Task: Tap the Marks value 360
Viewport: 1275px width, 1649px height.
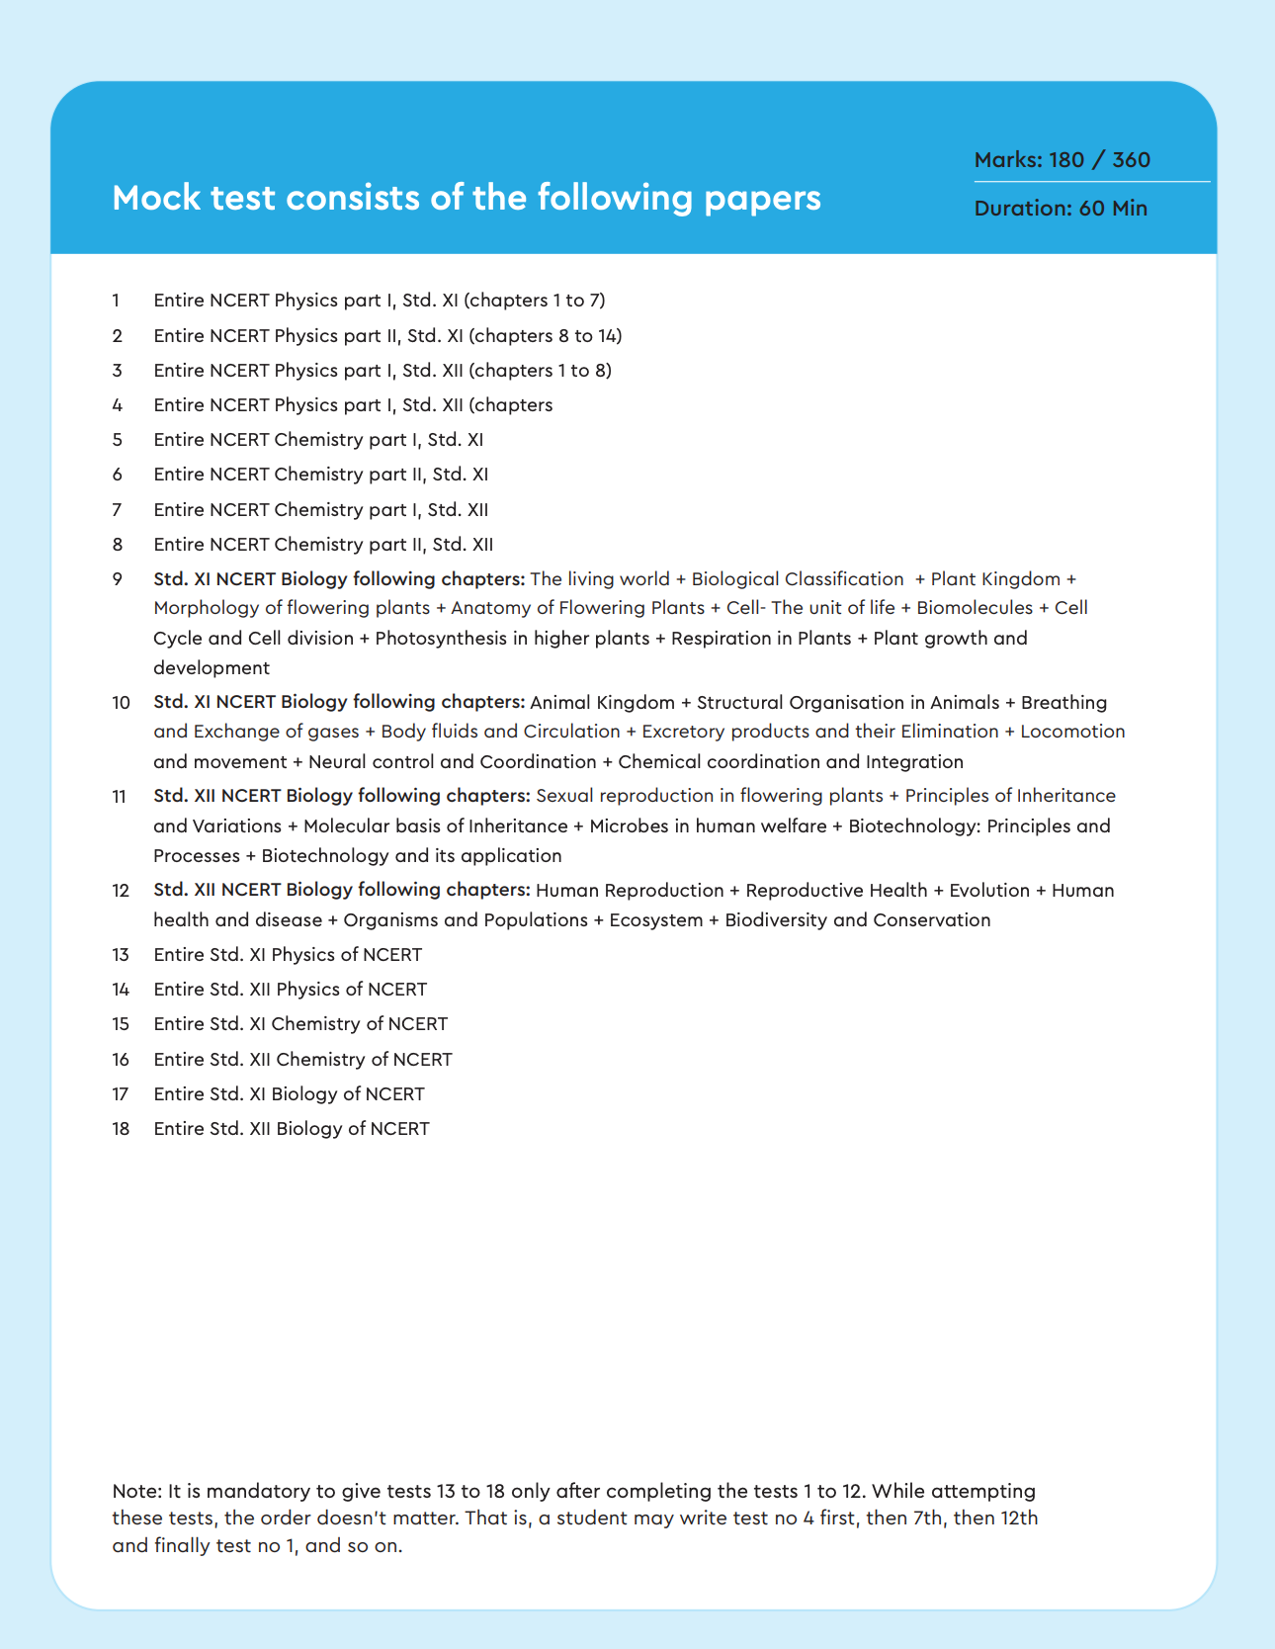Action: [x=1131, y=160]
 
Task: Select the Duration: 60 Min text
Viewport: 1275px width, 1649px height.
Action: [x=1061, y=209]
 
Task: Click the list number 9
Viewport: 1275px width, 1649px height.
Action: [x=118, y=579]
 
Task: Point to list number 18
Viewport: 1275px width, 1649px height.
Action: [x=121, y=1129]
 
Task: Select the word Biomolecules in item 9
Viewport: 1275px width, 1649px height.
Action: [x=975, y=608]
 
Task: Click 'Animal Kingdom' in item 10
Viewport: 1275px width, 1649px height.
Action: [x=602, y=703]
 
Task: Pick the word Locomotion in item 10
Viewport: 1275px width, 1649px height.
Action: [x=1072, y=732]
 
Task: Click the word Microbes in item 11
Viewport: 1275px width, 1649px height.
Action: [x=629, y=826]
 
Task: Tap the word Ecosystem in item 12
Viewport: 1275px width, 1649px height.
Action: [x=656, y=920]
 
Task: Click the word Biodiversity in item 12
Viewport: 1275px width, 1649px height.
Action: [x=776, y=920]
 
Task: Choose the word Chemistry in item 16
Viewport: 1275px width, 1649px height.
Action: [x=320, y=1060]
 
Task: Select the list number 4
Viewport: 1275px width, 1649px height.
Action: [x=118, y=405]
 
